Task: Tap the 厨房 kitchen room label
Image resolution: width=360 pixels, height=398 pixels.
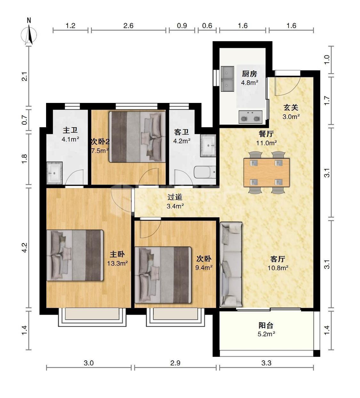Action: tap(250, 74)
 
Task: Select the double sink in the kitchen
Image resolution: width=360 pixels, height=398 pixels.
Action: tap(228, 79)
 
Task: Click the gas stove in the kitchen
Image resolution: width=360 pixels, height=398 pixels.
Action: tap(251, 117)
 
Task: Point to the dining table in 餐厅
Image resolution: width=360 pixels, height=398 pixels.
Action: tap(267, 172)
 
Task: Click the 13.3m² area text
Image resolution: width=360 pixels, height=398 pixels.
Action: tap(117, 263)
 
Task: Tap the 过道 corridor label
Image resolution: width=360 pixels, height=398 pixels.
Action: tap(175, 197)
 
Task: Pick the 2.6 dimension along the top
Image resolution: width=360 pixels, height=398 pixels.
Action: tap(128, 26)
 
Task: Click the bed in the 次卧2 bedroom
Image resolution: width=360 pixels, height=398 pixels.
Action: tap(137, 137)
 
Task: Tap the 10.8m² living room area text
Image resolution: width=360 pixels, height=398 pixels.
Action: tap(278, 268)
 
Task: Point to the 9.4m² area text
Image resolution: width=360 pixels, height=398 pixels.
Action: tap(204, 268)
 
